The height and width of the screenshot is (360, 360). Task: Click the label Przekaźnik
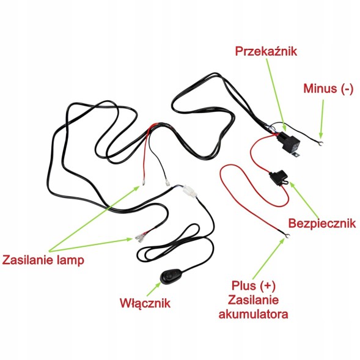pos(266,51)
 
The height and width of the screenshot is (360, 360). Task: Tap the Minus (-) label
pos(328,89)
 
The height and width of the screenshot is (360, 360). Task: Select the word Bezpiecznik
pos(322,223)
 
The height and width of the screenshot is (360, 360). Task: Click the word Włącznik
pos(145,304)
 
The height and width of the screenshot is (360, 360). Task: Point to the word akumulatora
pos(253,314)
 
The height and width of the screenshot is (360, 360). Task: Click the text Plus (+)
pos(253,286)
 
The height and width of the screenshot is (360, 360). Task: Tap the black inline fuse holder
pos(279,177)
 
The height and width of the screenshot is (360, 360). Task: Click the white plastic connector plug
pos(189,191)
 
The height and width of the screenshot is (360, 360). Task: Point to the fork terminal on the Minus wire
pos(320,144)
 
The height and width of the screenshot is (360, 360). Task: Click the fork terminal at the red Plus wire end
pos(287,235)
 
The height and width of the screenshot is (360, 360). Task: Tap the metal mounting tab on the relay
pos(296,155)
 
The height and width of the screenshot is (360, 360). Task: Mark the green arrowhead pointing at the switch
pos(158,285)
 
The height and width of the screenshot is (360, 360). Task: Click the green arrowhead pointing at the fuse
pos(292,185)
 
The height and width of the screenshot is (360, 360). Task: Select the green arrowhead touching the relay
pos(284,127)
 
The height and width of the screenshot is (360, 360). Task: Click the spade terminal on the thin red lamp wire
pos(144,183)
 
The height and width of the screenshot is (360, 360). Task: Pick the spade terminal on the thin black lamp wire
pos(167,183)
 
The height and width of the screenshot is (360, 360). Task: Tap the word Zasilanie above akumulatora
pos(254,299)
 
